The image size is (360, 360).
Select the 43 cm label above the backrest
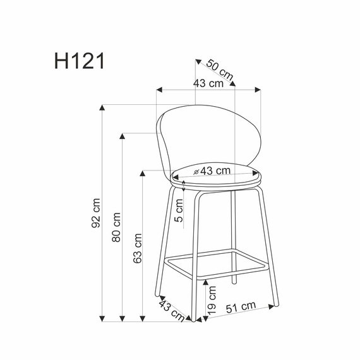[x=208, y=83]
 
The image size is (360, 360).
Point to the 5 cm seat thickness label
[x=180, y=210]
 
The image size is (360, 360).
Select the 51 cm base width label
[x=241, y=307]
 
